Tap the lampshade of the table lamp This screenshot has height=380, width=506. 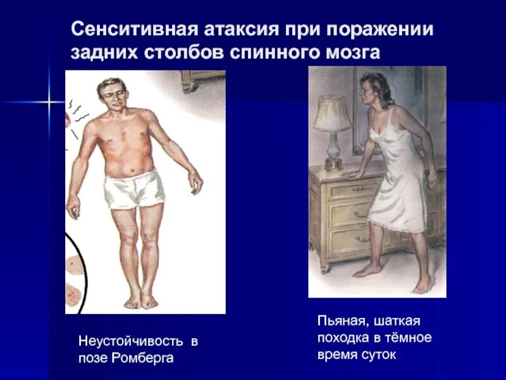tap(331, 113)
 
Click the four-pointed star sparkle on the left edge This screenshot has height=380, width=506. tap(47, 101)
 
